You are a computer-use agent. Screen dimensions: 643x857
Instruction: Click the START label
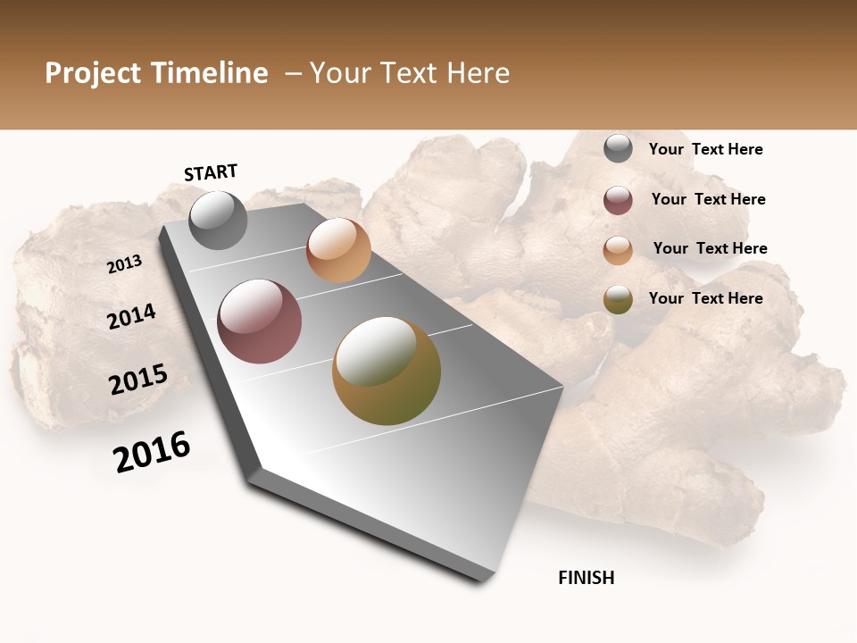(211, 172)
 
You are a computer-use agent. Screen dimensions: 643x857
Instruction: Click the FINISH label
(587, 578)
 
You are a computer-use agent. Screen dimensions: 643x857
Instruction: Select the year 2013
(124, 264)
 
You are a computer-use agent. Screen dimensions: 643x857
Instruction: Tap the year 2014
(131, 316)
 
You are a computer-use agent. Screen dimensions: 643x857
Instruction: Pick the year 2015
(138, 380)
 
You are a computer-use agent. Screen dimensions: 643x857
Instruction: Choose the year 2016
(152, 452)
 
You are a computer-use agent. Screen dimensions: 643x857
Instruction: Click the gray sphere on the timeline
(218, 220)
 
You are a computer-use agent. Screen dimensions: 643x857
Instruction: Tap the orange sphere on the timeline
(338, 250)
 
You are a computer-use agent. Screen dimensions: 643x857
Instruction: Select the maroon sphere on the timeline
(260, 321)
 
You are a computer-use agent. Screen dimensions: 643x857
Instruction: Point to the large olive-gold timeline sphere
(387, 371)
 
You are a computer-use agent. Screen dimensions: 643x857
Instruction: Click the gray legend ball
(618, 149)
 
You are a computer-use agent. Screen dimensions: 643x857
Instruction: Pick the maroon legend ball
(618, 200)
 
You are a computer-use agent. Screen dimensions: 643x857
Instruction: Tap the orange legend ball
(618, 250)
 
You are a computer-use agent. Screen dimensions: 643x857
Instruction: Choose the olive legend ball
(618, 299)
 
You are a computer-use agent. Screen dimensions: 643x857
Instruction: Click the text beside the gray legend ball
(705, 149)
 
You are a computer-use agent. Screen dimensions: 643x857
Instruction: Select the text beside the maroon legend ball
(708, 199)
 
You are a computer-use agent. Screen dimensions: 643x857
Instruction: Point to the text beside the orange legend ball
(710, 248)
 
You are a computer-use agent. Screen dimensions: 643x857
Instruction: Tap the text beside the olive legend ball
(705, 298)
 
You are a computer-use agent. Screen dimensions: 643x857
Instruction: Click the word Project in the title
(94, 73)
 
